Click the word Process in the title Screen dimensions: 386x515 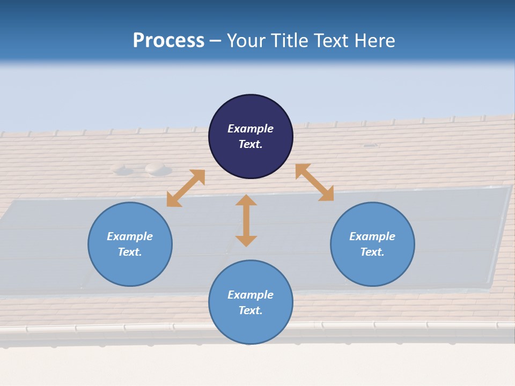pos(168,41)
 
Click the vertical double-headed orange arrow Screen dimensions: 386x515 pos(246,220)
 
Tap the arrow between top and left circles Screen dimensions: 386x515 pos(186,188)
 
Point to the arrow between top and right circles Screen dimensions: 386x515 pos(314,182)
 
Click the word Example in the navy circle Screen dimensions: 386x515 pos(251,129)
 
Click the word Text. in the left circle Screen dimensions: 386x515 pos(130,252)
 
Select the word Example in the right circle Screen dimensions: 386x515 pos(372,236)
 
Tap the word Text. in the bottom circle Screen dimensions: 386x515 pos(251,310)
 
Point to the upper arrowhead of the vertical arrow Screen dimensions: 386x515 pos(246,201)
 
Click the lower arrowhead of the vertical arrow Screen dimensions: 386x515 pos(246,241)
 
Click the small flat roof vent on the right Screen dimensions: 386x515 pos(370,145)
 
